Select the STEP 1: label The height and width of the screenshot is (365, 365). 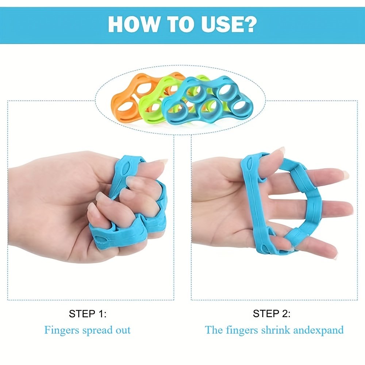click(88, 314)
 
